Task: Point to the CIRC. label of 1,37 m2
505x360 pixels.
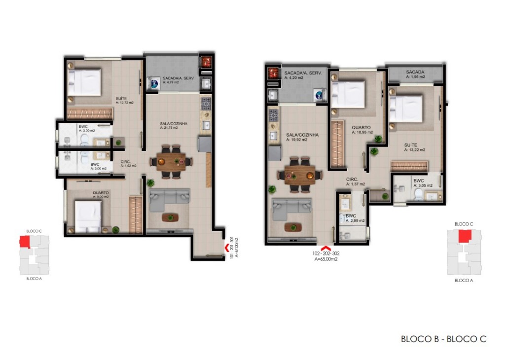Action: tap(355, 181)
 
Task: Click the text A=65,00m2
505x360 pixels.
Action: tap(325, 258)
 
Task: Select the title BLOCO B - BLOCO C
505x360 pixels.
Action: tap(443, 339)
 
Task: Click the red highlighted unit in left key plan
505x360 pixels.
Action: tap(25, 242)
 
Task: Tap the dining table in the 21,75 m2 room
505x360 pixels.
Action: tap(172, 161)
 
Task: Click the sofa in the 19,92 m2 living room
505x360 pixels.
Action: tap(291, 208)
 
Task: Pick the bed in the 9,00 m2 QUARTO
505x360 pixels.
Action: tap(89, 216)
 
